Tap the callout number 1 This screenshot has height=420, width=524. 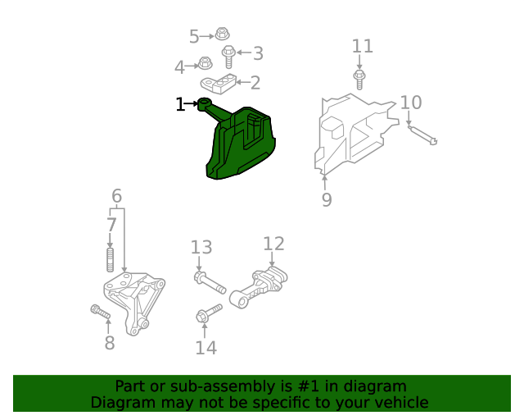180,104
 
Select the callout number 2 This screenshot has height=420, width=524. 255,82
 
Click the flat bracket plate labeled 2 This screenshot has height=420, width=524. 219,83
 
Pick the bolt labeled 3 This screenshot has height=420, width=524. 230,56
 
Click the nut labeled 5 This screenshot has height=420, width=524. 222,34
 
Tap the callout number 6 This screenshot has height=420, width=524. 116,196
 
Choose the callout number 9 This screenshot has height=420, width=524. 327,199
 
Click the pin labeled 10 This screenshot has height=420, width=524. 422,133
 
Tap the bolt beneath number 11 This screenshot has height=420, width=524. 359,79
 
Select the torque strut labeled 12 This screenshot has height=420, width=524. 261,287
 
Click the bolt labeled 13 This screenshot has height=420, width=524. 210,281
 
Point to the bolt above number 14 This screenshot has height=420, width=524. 209,313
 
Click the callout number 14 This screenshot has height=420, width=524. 206,348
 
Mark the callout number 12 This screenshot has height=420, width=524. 273,244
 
